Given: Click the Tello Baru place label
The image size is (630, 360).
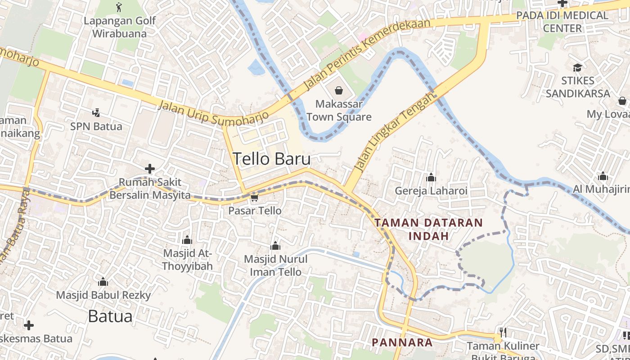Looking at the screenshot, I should click(271, 159).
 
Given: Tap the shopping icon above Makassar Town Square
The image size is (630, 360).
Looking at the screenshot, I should click(339, 90).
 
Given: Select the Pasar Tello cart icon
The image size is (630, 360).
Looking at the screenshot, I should click(254, 198).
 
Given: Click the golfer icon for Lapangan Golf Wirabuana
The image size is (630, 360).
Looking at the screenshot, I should click(119, 7).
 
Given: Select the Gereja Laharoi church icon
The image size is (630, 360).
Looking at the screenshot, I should click(431, 177).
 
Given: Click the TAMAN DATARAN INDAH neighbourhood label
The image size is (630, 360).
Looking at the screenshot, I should click(428, 229).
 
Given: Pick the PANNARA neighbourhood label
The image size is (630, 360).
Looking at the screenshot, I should click(402, 342).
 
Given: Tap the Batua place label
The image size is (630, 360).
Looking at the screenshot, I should click(110, 316).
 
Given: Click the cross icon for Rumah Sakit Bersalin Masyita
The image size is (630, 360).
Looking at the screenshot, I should click(150, 169).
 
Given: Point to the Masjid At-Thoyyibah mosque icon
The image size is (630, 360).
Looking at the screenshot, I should click(187, 240).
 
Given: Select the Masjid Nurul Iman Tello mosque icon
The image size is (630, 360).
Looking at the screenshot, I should click(275, 246).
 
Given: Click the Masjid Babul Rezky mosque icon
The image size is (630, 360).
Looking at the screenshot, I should click(103, 282).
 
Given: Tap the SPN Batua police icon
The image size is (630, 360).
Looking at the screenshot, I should click(96, 112).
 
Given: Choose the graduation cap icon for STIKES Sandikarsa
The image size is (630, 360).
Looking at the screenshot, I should click(577, 67).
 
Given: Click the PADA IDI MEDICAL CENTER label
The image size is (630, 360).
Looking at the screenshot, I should click(562, 22).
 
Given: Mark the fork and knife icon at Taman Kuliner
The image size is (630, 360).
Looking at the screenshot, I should click(503, 333).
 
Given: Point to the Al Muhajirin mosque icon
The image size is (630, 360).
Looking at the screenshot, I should click(603, 176).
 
